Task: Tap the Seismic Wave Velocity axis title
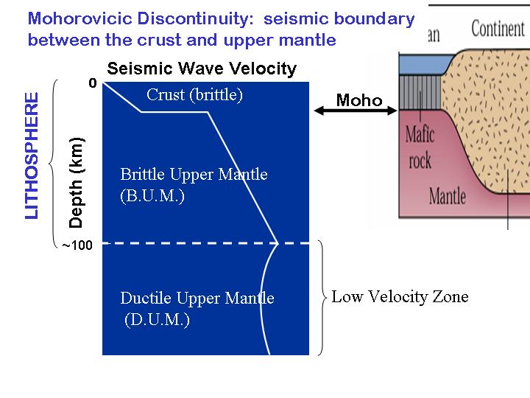pos(202,69)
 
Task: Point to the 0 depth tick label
pos(93,84)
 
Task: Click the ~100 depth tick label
pos(77,245)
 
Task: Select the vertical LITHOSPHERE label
pos(32,156)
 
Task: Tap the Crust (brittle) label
pos(194,95)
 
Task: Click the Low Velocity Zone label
pos(400,297)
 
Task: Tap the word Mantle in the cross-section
pos(448,195)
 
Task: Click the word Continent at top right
pos(498,29)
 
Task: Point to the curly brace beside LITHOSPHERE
pos(54,164)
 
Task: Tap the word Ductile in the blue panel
pos(145,298)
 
